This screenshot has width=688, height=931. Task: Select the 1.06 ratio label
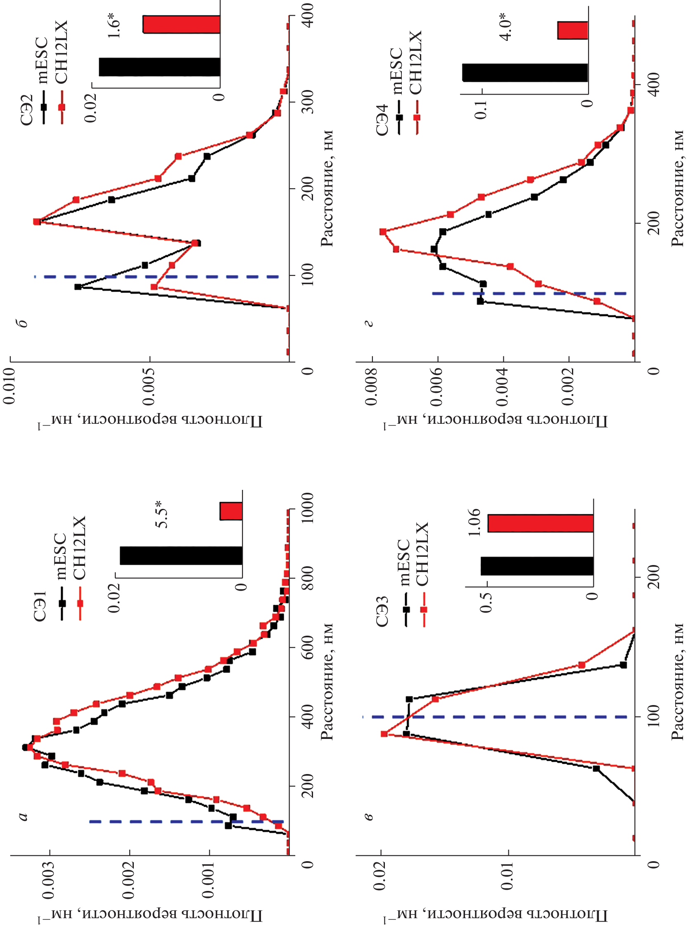coord(474,522)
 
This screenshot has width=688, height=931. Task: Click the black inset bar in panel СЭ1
coord(181,556)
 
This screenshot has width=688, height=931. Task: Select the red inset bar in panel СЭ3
coord(540,524)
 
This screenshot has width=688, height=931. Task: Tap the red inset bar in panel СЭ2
coord(181,25)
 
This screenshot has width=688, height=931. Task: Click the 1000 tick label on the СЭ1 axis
coord(307,508)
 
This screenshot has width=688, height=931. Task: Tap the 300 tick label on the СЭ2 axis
coord(307,102)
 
